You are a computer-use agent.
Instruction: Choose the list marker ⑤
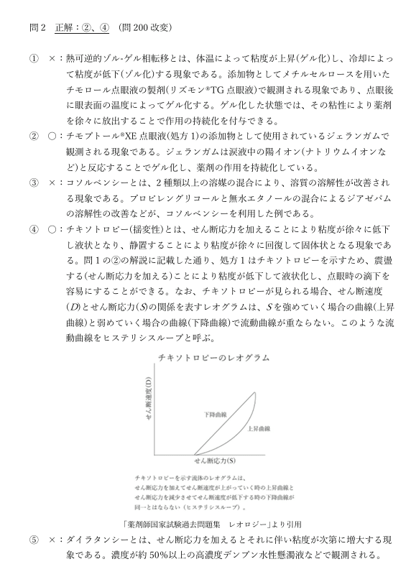point(33,538)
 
